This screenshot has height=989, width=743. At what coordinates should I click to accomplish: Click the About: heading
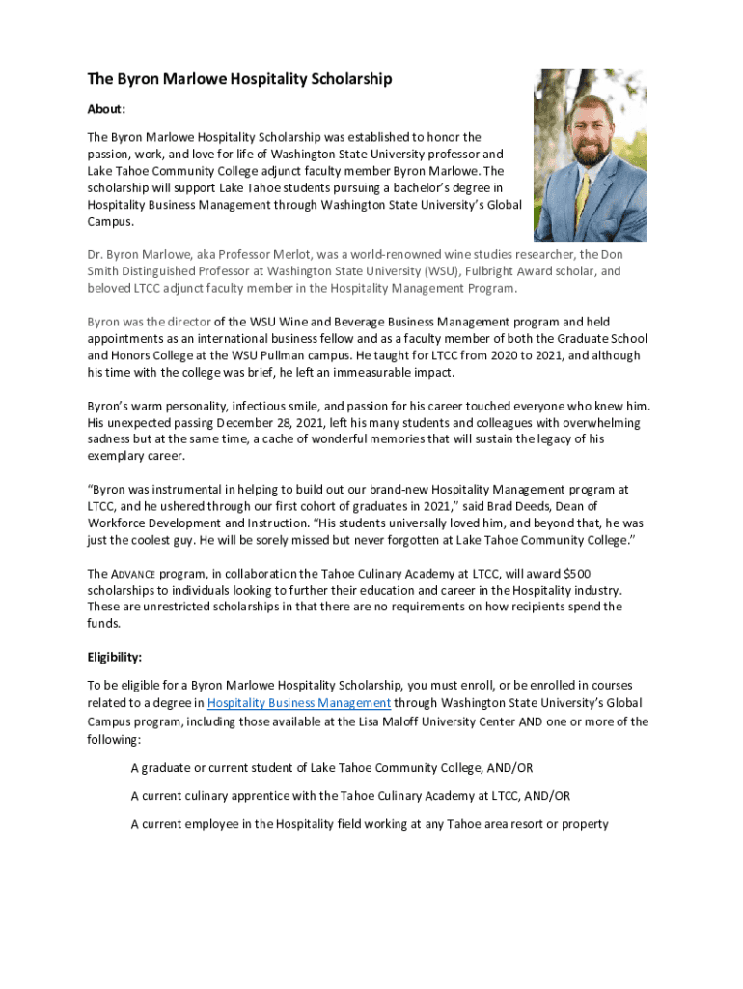point(106,109)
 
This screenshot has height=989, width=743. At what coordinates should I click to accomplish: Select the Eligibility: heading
point(115,658)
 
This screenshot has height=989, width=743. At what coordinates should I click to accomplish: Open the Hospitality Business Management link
point(299,703)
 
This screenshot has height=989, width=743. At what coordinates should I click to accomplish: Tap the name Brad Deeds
point(483,505)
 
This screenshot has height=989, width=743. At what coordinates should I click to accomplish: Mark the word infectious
point(261,406)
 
